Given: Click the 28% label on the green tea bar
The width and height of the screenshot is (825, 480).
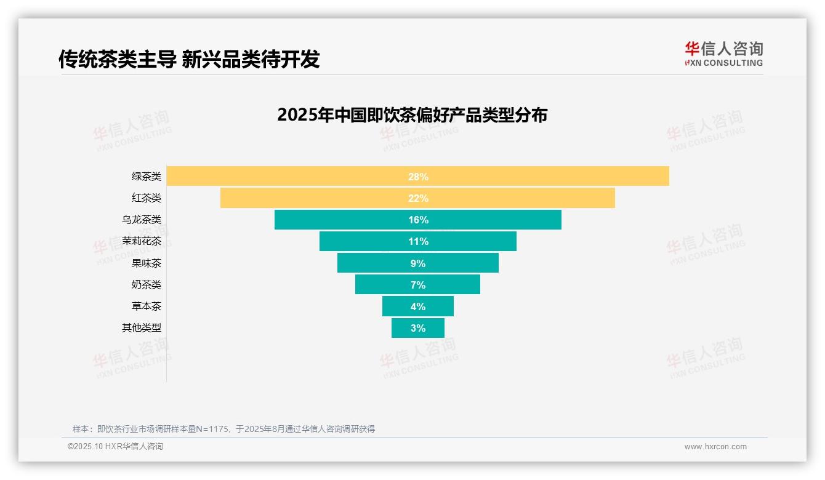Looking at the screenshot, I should (417, 177).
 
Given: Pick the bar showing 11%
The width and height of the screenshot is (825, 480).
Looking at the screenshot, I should (369, 241).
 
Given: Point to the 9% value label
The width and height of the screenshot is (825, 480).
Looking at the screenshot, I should (417, 263).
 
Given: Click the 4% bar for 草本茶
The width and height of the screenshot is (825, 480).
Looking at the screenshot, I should (400, 306).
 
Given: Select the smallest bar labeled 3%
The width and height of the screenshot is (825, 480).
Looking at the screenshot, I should (417, 328).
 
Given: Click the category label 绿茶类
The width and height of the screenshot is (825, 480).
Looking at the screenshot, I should (146, 177).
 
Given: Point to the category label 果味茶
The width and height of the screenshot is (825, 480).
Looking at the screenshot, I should (146, 263).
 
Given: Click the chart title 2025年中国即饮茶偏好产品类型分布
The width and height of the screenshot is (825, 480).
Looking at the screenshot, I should (412, 115).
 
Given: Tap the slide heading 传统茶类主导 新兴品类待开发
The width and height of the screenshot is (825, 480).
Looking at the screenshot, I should (189, 59).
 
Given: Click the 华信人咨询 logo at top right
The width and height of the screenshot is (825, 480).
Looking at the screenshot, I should (723, 54).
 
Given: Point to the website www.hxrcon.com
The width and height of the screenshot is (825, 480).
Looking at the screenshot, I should (715, 447).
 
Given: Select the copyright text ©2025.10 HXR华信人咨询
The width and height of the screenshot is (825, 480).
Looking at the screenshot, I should (115, 447).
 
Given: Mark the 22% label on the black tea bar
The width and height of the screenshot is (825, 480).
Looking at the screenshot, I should (417, 198).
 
